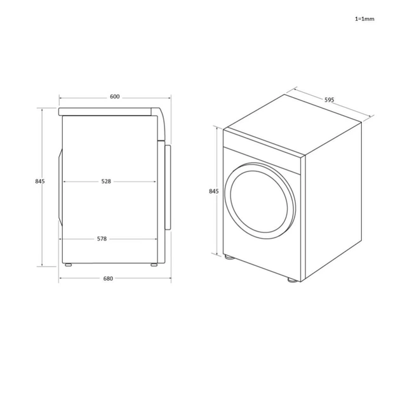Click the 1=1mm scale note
point(364,19)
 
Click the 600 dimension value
point(114,97)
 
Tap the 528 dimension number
point(106,182)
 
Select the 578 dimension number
point(102,239)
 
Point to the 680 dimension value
point(108,279)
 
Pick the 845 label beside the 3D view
point(213,191)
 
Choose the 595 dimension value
point(329,100)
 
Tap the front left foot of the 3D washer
point(228,258)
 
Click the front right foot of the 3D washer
point(291,279)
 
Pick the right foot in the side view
point(153,264)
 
